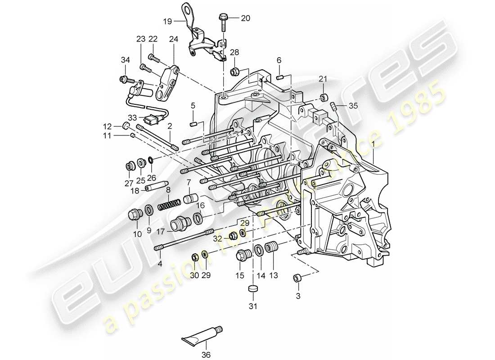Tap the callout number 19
[167, 21]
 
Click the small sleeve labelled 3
[297, 278]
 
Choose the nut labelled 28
[234, 71]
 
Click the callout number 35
[353, 106]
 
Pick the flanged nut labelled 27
[129, 167]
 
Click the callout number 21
[323, 80]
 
